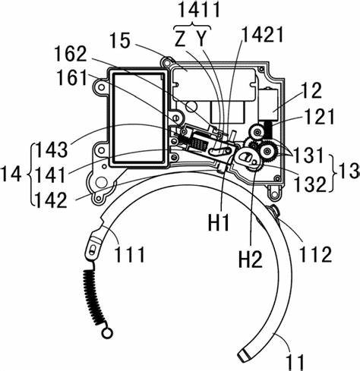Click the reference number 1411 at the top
click(x=199, y=9)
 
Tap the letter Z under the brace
click(x=181, y=39)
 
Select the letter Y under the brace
click(x=201, y=39)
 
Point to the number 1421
click(x=262, y=35)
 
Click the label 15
click(x=121, y=40)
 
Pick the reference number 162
click(x=71, y=54)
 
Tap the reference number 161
click(x=72, y=77)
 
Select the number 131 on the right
click(x=308, y=156)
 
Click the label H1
click(x=219, y=222)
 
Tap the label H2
click(x=251, y=259)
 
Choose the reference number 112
click(x=316, y=254)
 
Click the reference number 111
click(x=130, y=255)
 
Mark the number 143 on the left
click(x=52, y=149)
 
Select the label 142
click(x=52, y=200)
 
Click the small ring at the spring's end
click(x=107, y=332)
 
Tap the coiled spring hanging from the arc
click(x=93, y=297)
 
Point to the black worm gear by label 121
click(x=269, y=130)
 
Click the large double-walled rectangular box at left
click(x=138, y=118)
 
